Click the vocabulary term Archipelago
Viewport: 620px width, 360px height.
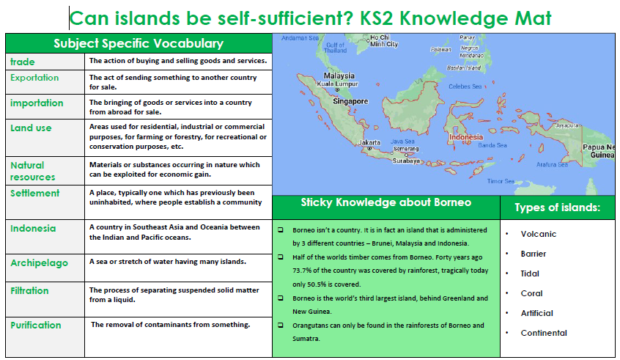39,263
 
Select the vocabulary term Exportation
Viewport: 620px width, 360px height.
34,78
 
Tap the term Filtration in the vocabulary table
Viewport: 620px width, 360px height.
29,290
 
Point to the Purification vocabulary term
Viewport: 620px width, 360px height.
36,326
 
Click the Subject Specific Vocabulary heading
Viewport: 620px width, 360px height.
139,43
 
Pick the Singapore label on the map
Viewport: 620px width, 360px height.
350,101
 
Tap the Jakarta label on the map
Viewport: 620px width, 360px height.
369,142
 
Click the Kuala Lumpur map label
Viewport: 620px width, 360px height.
337,84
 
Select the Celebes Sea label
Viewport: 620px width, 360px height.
465,87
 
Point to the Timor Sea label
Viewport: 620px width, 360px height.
501,181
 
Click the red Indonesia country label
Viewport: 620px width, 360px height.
466,137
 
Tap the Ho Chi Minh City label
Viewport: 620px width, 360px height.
383,41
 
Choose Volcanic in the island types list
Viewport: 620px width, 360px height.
538,234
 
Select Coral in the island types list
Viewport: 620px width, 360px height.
531,293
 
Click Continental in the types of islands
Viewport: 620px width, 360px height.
544,333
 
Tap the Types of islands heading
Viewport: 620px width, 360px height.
557,207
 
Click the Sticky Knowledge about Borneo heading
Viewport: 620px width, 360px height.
386,202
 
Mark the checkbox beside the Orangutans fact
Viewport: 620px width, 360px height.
281,326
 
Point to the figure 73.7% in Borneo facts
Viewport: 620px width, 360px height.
303,271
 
